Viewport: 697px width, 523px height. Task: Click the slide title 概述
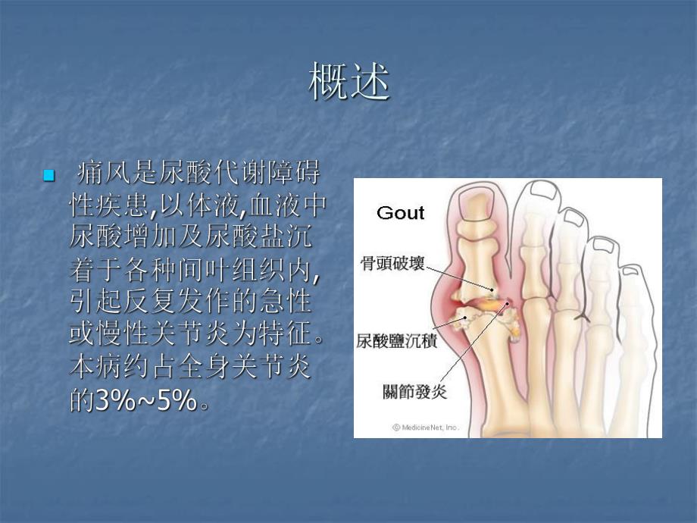[x=349, y=83]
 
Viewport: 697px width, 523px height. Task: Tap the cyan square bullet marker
[x=49, y=176]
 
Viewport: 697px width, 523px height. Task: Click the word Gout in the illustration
[x=401, y=213]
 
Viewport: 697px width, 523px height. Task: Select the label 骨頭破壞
[x=392, y=265]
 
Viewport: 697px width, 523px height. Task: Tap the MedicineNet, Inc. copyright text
[x=425, y=427]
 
